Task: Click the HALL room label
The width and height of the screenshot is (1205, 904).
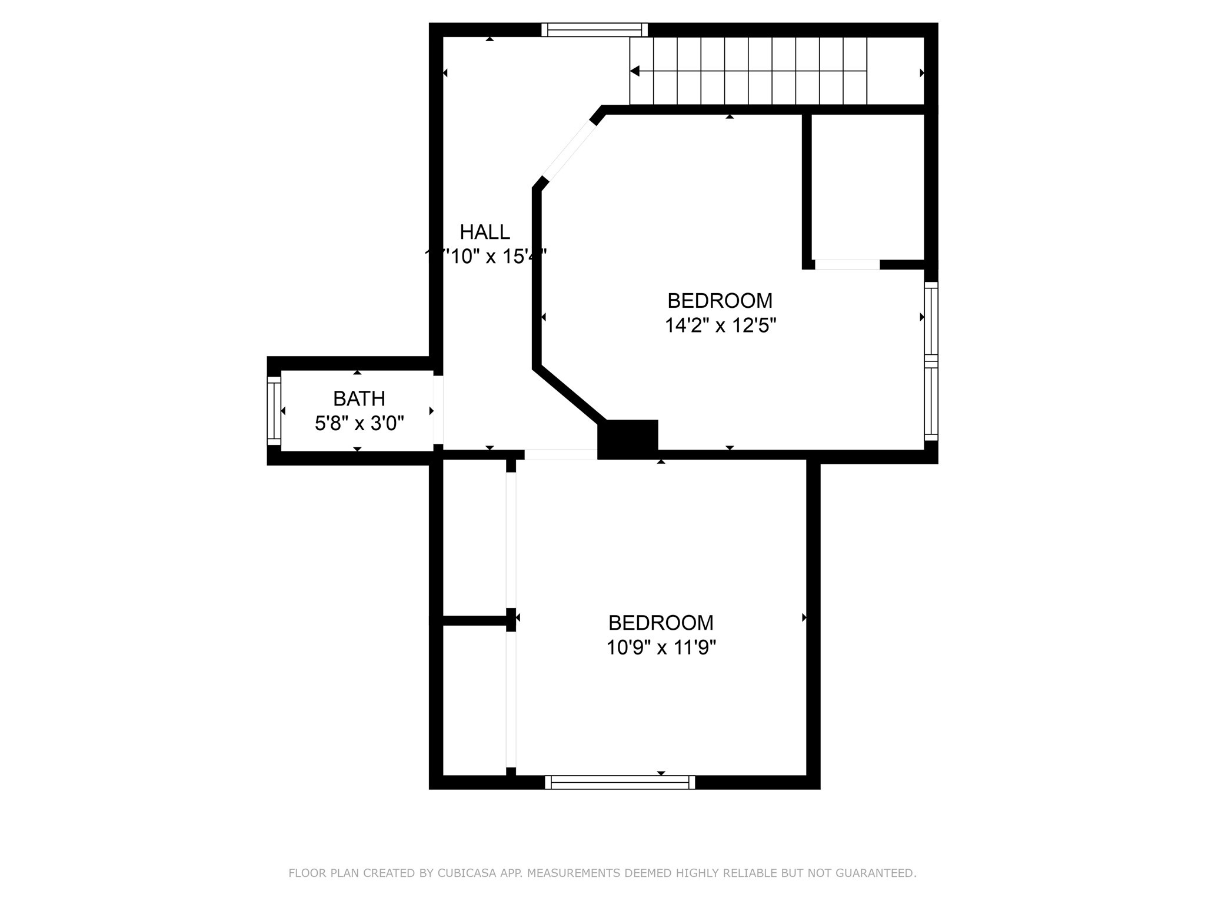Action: click(484, 232)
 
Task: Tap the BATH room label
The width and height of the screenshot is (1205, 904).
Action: click(359, 399)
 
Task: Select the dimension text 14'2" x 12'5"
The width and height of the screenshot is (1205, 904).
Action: click(720, 325)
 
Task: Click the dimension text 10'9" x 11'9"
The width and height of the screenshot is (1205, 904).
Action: click(661, 648)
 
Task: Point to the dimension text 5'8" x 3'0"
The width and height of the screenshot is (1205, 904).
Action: click(359, 423)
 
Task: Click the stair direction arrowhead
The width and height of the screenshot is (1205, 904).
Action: click(635, 71)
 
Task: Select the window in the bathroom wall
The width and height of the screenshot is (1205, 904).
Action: click(274, 411)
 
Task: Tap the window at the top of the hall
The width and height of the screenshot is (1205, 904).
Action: click(594, 30)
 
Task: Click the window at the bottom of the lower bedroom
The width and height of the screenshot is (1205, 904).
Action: click(620, 782)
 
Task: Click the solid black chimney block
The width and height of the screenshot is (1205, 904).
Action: click(628, 438)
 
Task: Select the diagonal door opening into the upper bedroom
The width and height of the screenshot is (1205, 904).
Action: click(568, 151)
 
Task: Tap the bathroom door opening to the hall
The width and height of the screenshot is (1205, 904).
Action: click(438, 410)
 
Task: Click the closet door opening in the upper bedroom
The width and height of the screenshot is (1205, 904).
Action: click(847, 265)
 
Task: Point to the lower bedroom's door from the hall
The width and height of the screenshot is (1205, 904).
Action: click(560, 454)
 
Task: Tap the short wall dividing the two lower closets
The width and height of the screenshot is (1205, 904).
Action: click(474, 620)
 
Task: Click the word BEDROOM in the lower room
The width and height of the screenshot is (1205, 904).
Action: click(661, 623)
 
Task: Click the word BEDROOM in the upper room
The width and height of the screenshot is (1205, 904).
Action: click(720, 301)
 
